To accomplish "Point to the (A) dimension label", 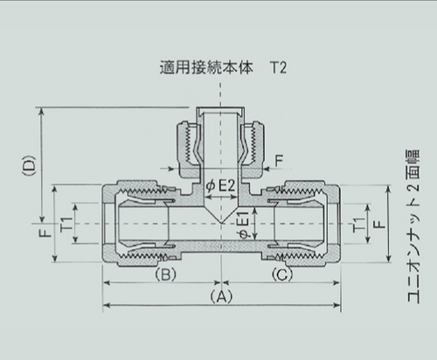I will pos(222,297).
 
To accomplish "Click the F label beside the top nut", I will pos(279,160).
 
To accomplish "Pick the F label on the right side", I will pos(376,224).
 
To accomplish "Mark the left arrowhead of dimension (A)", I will pos(108,305).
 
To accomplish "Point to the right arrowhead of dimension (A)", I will pos(338,305).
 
